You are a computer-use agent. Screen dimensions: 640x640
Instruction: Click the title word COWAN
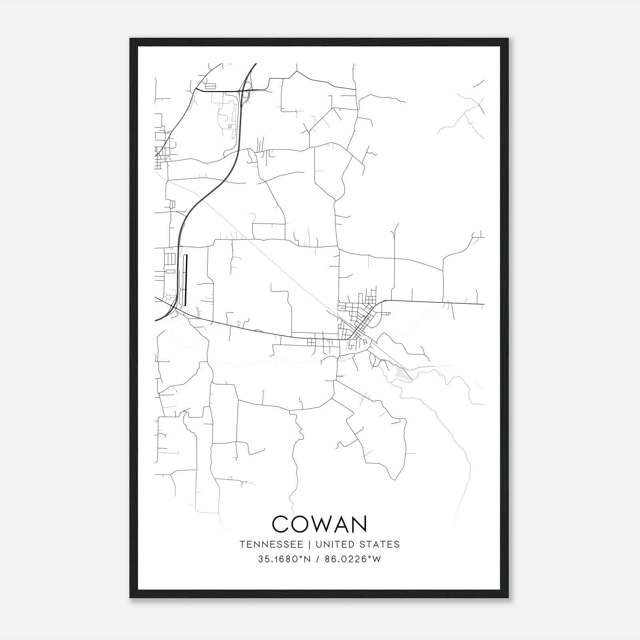tap(319, 524)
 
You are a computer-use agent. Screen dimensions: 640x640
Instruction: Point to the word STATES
tap(380, 544)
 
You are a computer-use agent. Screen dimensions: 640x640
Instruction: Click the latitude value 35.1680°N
tap(284, 559)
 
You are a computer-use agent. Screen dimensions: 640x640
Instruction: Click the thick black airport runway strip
tap(185, 280)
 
